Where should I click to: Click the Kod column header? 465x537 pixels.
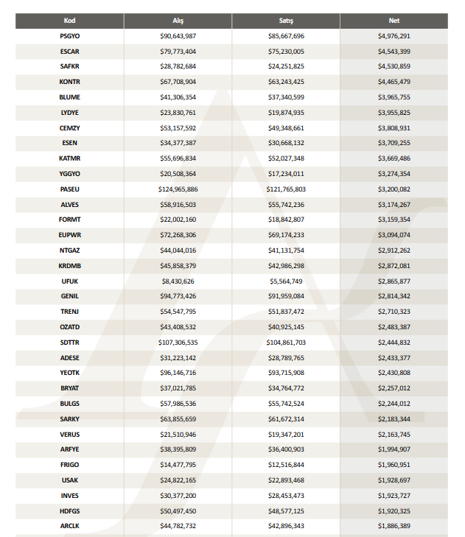(70, 21)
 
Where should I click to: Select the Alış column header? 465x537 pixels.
(178, 21)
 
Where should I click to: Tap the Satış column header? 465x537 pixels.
(286, 21)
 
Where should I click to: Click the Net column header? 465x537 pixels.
(394, 21)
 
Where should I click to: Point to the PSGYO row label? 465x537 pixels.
(70, 35)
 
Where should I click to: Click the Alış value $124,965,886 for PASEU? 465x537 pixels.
(178, 189)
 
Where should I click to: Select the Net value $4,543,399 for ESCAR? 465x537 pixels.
(394, 51)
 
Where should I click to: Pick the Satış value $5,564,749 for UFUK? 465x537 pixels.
(286, 281)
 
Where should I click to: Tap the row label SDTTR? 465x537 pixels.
(70, 342)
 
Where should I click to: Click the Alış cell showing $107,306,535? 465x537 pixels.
(178, 342)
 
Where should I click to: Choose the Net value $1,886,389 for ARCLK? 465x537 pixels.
(394, 525)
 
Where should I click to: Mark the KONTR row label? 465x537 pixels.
(70, 82)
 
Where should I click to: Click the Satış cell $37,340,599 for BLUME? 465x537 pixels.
(286, 96)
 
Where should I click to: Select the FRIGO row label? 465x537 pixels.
(70, 464)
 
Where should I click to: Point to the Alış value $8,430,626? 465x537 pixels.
(178, 281)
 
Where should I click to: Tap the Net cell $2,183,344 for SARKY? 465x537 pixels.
(394, 418)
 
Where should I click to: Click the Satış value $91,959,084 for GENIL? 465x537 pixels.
(286, 296)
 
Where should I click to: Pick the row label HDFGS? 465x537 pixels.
(70, 510)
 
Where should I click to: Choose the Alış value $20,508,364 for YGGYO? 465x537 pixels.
(178, 173)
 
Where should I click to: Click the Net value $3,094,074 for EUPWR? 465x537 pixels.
(394, 234)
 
